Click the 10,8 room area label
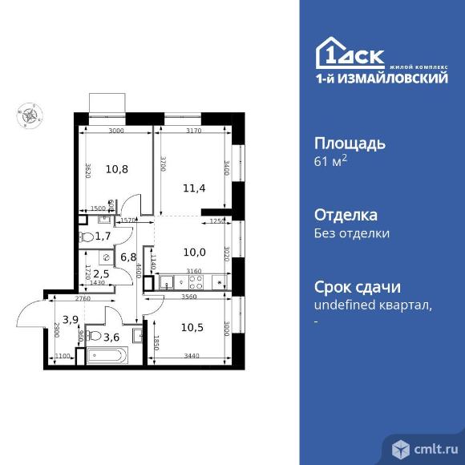pos(117,169)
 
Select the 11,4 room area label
pos(194,188)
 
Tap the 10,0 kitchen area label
pos(194,251)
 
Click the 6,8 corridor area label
pos(128,257)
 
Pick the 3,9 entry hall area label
pos(71,320)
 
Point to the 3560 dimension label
pos(189,297)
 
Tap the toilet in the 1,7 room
pos(87,237)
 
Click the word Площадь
pos(350,144)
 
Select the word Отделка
pos(346,215)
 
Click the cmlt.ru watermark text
pos(433,447)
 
